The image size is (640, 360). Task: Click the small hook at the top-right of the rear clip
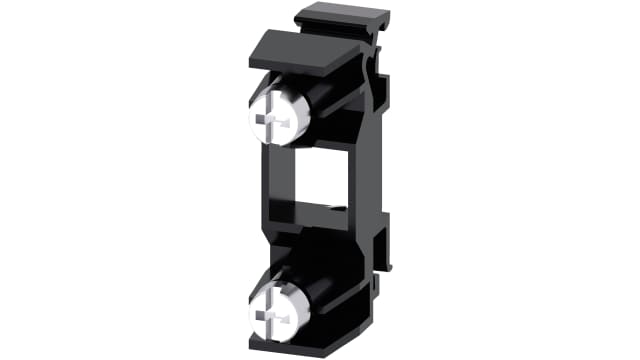pos(382,17)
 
